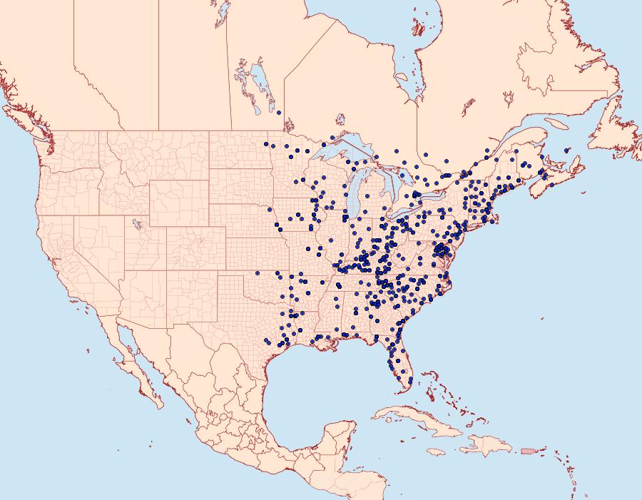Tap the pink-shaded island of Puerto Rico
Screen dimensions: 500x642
(x=529, y=449)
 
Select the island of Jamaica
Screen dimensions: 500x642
(x=436, y=452)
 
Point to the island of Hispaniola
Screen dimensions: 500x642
(x=486, y=447)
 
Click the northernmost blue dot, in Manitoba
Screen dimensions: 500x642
(x=279, y=112)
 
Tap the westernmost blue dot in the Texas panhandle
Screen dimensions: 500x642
(x=258, y=273)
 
